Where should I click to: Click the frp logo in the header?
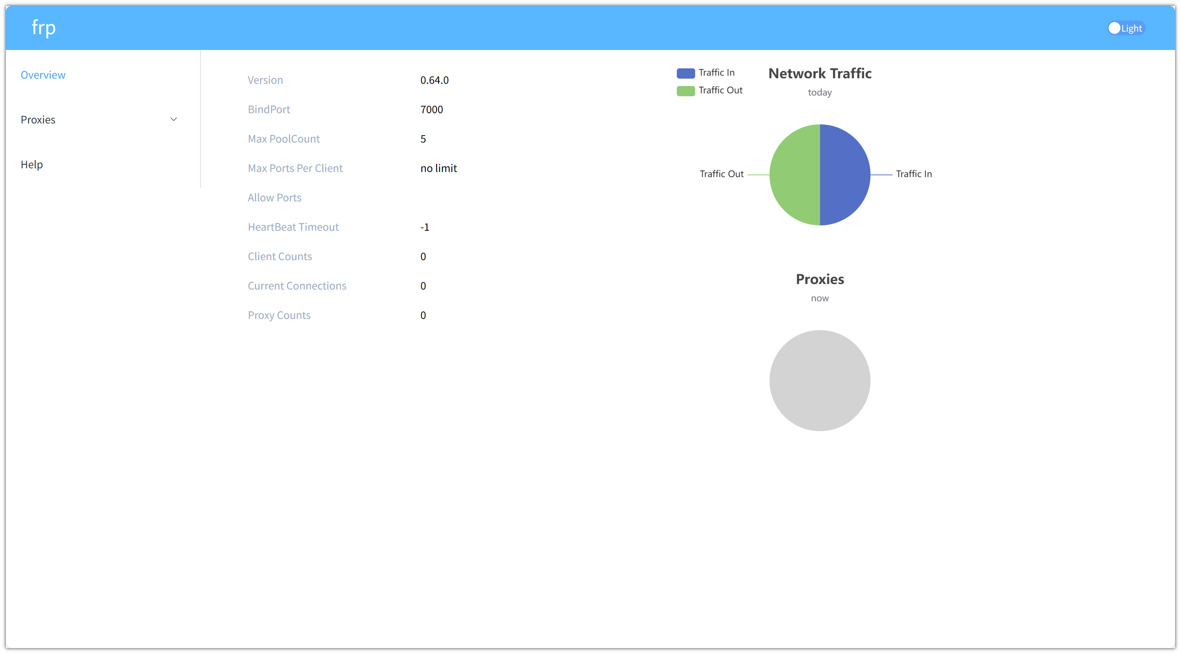44,28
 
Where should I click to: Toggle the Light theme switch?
1126,28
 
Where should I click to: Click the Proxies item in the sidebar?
38,120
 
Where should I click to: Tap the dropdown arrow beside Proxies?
174,119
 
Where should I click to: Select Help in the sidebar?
32,165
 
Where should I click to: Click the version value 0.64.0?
434,80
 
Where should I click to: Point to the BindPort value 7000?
431,109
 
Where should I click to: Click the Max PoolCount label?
284,139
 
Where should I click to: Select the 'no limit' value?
438,168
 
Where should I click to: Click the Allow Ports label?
275,198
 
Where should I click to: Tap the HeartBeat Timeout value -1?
425,227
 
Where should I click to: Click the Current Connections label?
297,286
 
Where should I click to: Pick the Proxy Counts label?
279,315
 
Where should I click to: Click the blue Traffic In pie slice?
845,175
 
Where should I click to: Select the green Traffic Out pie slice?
795,175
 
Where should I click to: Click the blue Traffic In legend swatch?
685,73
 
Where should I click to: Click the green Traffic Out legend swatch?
685,91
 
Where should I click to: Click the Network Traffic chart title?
820,74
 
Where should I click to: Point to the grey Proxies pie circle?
820,381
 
